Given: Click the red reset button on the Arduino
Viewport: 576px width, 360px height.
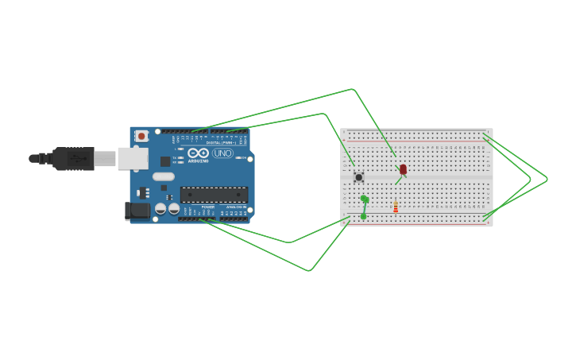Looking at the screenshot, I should (x=141, y=136).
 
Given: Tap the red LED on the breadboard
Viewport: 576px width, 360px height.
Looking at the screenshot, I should (x=403, y=169).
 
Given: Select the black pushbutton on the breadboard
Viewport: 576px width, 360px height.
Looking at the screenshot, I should (x=358, y=177).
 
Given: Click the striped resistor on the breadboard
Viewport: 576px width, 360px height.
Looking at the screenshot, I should (x=396, y=207).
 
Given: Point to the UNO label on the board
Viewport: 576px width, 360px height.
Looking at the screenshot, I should (x=222, y=153).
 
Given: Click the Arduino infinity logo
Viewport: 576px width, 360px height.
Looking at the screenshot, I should (x=198, y=153).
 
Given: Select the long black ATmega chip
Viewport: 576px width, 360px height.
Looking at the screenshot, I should (x=214, y=194).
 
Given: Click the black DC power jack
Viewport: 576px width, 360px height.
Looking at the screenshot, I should (x=137, y=211).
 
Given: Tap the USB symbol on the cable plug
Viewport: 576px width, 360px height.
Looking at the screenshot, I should (x=77, y=159).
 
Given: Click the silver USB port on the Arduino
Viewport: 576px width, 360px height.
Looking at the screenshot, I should (x=133, y=159).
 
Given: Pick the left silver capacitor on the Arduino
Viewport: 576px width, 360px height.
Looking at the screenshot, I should (x=160, y=209).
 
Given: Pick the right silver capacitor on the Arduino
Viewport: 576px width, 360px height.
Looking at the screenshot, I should (x=173, y=209).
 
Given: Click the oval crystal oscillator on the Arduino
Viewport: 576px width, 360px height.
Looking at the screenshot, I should (x=163, y=176).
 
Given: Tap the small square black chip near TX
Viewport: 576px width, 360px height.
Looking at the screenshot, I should (x=165, y=161).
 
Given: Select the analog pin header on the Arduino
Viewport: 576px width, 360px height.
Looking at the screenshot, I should (x=235, y=219).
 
